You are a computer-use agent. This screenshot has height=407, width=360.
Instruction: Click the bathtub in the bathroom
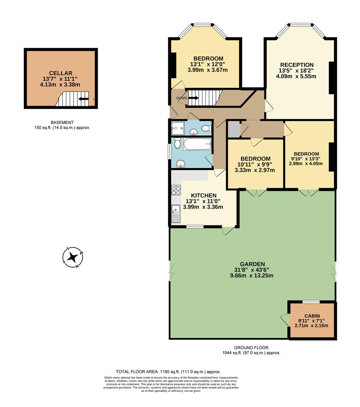click(197, 144)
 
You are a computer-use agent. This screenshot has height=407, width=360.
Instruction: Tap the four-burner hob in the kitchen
click(175, 190)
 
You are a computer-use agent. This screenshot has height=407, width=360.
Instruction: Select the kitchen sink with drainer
click(176, 214)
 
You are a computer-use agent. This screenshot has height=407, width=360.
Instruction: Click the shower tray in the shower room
click(177, 128)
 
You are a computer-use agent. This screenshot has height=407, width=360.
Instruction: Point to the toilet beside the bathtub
click(178, 143)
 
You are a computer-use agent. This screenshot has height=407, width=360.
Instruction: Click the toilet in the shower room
click(206, 129)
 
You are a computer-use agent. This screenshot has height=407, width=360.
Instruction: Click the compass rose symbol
click(72, 258)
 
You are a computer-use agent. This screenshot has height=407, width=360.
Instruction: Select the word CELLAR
click(60, 73)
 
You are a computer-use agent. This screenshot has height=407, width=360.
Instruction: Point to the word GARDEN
click(253, 264)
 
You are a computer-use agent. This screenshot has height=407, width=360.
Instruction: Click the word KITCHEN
click(204, 195)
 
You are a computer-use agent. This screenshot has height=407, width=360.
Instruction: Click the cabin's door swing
click(284, 320)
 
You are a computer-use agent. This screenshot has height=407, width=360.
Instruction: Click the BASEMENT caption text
click(62, 122)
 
